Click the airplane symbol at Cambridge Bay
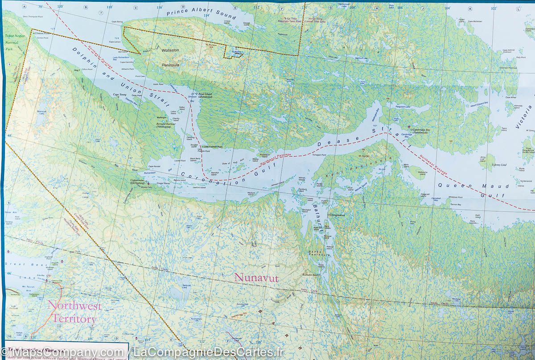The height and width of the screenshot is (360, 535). click(x=409, y=127)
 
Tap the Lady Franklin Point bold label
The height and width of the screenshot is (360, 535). click(x=213, y=147)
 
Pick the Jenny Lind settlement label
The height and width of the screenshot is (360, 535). click(x=499, y=165)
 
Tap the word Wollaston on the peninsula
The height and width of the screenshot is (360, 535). click(x=170, y=50)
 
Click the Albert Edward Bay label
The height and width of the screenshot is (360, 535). click(x=480, y=106)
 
